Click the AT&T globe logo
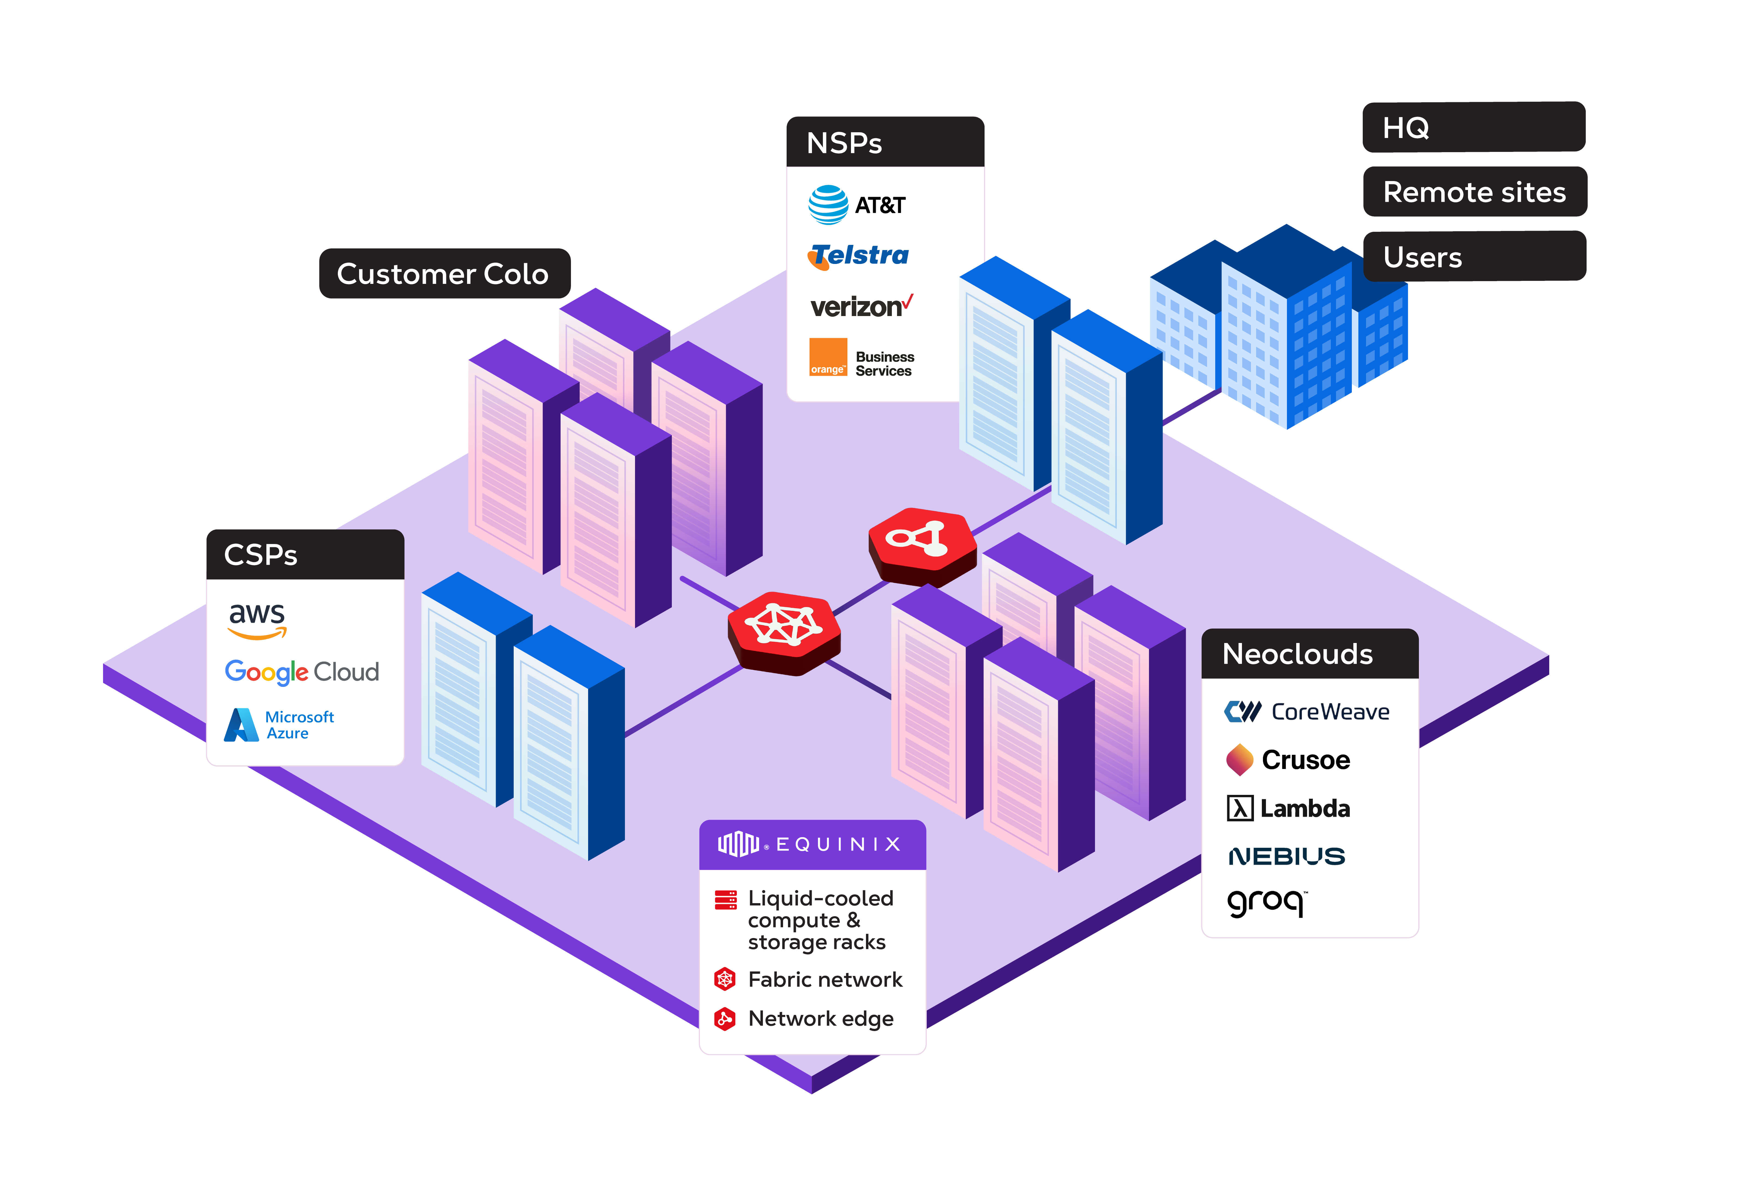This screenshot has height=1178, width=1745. tap(828, 205)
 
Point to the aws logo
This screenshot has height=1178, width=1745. tap(257, 620)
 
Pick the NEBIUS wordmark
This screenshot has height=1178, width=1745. tap(1286, 856)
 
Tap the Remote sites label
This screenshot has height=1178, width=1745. tap(1474, 192)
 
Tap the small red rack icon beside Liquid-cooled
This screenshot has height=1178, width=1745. tap(725, 899)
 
